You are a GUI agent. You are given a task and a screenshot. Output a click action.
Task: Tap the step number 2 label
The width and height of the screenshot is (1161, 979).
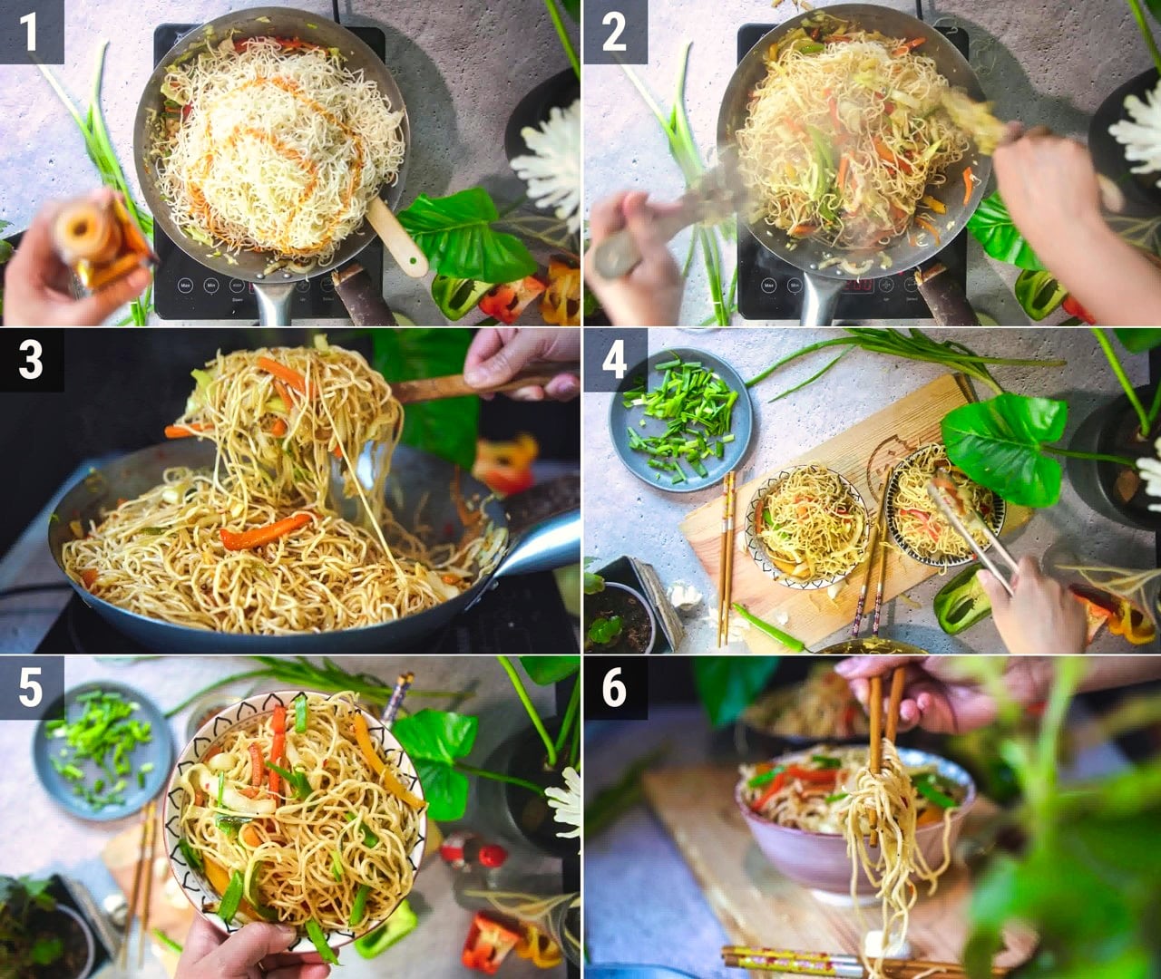[x=614, y=33]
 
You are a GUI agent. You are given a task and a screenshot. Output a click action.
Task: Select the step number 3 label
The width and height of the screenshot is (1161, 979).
[x=31, y=360]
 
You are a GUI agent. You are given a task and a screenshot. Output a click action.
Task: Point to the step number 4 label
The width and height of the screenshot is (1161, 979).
[x=614, y=360]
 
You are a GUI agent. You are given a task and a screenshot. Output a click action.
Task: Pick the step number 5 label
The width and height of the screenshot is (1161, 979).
[x=31, y=687]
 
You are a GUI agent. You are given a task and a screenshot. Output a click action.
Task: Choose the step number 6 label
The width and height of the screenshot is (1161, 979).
[x=614, y=687]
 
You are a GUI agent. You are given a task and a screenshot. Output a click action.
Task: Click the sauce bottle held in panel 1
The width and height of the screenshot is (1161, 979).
[x=102, y=245]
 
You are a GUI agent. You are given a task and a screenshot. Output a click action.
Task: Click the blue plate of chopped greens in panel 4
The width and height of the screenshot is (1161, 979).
[x=680, y=420]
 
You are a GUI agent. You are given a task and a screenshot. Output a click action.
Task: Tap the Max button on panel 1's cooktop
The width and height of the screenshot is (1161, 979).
[x=185, y=286]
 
